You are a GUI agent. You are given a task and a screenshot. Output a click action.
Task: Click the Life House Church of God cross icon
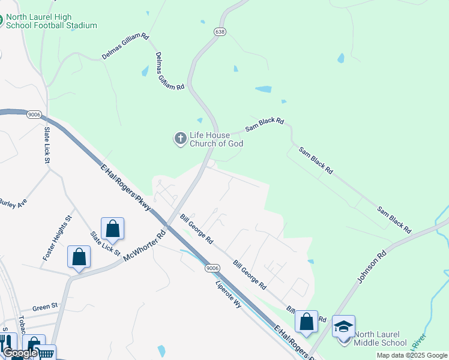click(180, 139)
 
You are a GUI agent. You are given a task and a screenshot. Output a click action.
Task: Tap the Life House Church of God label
click(217, 139)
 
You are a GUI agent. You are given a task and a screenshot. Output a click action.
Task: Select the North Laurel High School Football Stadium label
click(50, 21)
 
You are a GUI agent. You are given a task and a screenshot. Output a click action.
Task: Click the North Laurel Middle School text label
click(380, 339)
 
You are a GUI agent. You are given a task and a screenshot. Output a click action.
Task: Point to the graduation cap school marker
click(343, 326)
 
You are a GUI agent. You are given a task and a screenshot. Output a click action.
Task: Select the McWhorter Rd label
click(144, 247)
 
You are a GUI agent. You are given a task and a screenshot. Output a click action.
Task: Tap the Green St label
click(45, 306)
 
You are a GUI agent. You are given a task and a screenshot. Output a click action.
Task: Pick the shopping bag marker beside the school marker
click(306, 322)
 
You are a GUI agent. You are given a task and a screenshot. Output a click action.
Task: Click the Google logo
click(19, 353)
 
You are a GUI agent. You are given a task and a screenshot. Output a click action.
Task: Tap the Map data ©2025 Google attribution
click(412, 356)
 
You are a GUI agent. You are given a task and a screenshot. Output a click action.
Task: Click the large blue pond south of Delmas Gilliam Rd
click(263, 89)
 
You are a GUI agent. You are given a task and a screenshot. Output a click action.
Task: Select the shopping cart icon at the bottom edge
click(47, 354)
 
